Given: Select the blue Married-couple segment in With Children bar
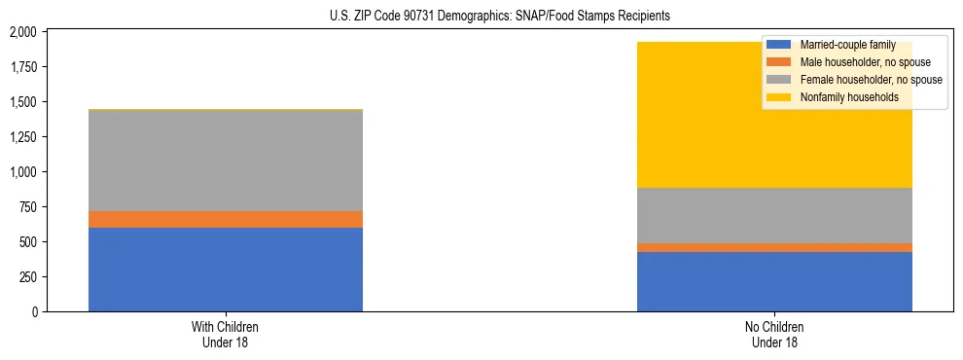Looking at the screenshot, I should (226, 270).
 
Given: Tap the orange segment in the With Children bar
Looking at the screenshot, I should (226, 219).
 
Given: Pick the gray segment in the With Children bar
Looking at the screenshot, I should (226, 161).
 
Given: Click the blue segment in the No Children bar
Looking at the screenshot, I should (774, 281).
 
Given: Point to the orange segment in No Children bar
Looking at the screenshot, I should (774, 247).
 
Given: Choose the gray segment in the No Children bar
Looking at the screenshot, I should (774, 215).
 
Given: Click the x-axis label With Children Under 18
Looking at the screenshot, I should (226, 334).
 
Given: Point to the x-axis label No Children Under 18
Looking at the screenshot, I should (774, 334).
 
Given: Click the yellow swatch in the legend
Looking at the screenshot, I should (779, 97).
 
